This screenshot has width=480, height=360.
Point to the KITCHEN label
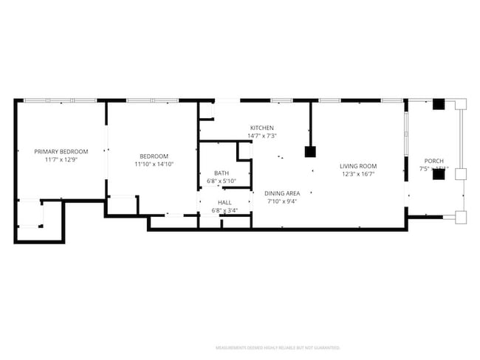[x=261, y=128]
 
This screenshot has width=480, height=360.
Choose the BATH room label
[x=222, y=173]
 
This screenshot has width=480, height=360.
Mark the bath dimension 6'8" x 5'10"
[x=222, y=181]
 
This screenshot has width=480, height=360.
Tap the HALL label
[x=224, y=202]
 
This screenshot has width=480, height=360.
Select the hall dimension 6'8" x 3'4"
[x=224, y=210]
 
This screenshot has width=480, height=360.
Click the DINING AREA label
[x=283, y=193]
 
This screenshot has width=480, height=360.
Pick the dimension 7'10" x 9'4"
[x=283, y=201]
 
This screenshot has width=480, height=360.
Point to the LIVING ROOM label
[x=358, y=166]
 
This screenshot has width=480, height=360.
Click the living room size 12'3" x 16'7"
[x=358, y=174]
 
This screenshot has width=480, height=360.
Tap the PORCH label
[x=433, y=161]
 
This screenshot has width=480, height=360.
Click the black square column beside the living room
[x=310, y=152]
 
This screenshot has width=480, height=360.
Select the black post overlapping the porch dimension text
[x=438, y=174]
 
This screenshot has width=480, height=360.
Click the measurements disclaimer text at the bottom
[x=277, y=347]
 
